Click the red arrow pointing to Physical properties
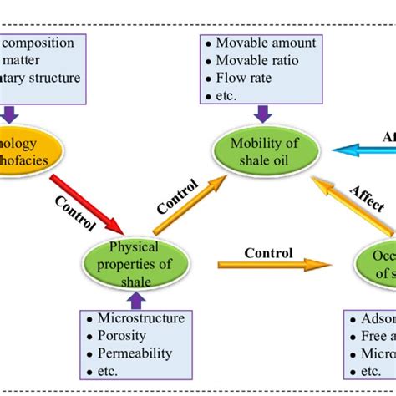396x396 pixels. [87, 204]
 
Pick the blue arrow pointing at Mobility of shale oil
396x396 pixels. [363, 150]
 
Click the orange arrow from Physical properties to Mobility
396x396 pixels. [188, 204]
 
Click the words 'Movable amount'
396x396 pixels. [266, 42]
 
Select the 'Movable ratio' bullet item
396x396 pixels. [260, 59]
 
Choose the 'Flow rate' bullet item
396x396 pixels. [248, 78]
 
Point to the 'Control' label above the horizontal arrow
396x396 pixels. [268, 252]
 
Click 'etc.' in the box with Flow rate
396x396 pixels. [226, 95]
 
